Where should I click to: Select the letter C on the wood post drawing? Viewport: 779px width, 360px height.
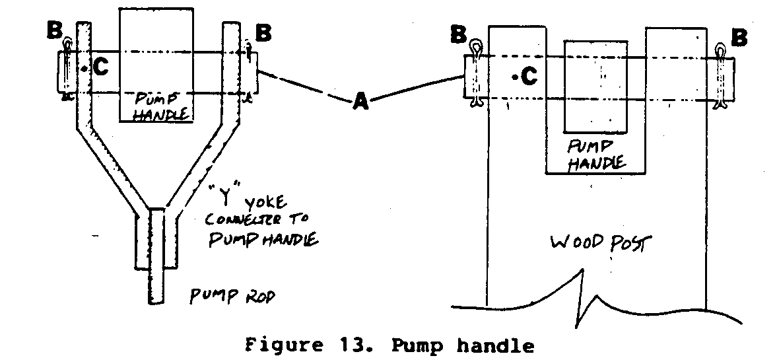(x=529, y=77)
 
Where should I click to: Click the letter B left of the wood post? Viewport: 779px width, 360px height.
(x=458, y=34)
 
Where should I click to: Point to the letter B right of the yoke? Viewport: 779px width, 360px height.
(x=262, y=32)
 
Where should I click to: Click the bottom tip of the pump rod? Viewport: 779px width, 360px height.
(x=156, y=303)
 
